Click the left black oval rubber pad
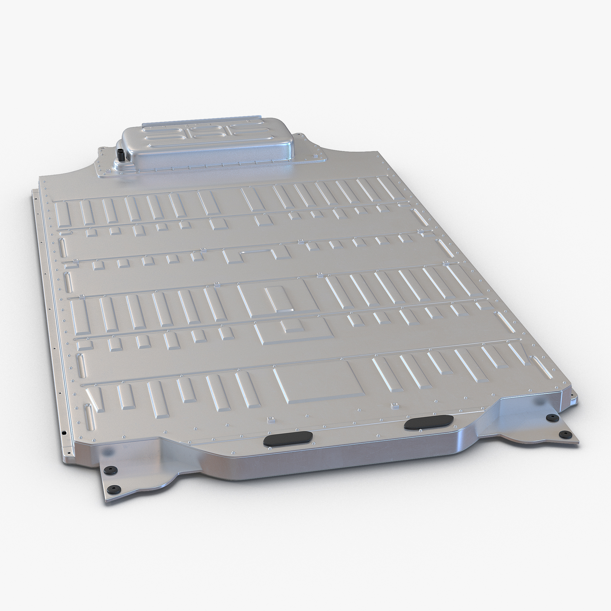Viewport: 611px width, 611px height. coord(288,438)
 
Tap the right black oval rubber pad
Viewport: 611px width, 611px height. coord(428,422)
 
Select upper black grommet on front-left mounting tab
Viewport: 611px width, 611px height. coord(112,470)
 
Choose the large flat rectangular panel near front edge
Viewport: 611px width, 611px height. coord(320,382)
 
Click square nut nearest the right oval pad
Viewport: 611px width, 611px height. coord(394,405)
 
